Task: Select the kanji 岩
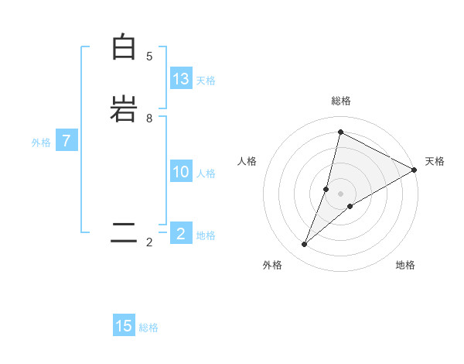(124, 108)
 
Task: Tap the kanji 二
(124, 232)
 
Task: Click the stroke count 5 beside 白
(149, 57)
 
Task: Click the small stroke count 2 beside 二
(149, 242)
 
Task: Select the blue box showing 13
(181, 79)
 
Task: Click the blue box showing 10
(181, 172)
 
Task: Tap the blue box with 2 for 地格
(181, 234)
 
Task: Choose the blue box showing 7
(67, 142)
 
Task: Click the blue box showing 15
(124, 326)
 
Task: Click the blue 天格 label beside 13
(206, 81)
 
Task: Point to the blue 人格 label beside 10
(206, 173)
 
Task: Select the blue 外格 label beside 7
(41, 143)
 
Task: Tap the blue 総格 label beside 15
(148, 328)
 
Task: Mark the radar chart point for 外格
(305, 245)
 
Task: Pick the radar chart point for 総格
(340, 132)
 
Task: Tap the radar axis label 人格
(247, 161)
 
